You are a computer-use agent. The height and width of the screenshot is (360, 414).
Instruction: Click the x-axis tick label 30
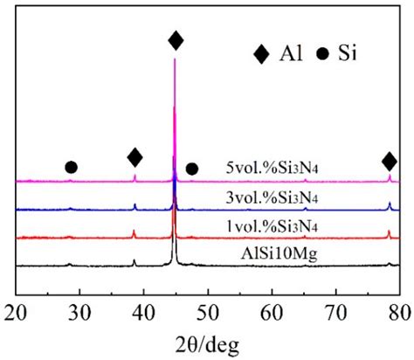79,311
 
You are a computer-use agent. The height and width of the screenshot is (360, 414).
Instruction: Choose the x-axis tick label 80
399,311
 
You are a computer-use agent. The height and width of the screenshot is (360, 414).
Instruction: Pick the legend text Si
350,54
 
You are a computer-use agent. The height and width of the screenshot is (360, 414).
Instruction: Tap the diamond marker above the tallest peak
176,40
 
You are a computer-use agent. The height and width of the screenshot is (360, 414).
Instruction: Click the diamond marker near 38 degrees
135,157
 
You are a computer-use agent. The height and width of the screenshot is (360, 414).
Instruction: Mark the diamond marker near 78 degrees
390,161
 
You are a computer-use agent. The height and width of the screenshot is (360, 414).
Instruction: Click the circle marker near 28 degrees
71,167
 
